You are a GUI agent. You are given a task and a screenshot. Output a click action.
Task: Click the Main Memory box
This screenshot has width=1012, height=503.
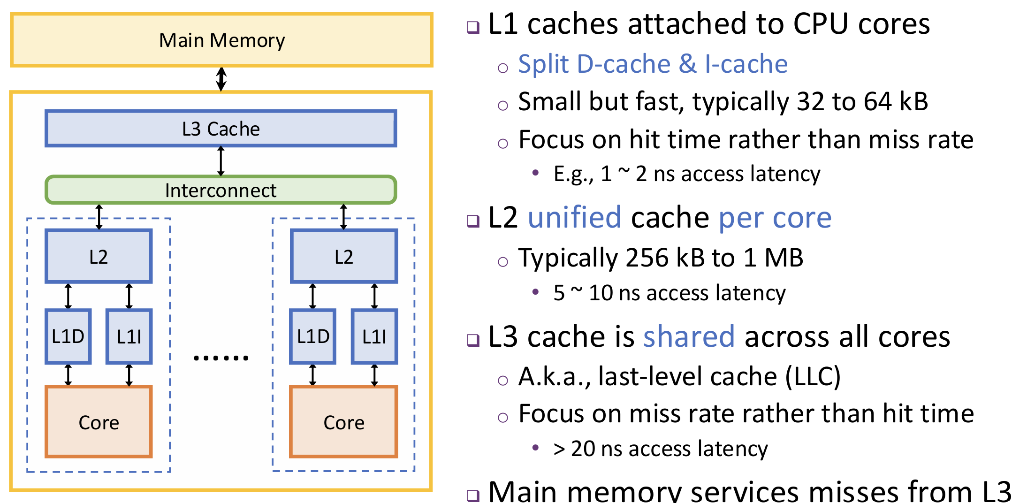[221, 40]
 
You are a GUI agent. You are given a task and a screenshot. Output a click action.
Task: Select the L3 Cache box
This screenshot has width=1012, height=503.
[221, 129]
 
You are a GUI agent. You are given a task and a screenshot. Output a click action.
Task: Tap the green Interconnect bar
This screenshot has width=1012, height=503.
[221, 190]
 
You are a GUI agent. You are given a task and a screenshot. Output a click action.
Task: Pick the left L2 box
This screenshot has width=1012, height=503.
[99, 257]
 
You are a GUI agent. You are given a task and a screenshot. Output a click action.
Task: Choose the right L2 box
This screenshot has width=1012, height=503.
[344, 257]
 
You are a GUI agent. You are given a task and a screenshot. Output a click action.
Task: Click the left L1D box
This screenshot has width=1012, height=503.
[68, 336]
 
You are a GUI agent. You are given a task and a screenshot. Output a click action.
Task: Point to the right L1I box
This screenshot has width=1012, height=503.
[374, 336]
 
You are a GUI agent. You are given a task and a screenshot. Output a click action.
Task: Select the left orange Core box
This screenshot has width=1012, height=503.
[99, 422]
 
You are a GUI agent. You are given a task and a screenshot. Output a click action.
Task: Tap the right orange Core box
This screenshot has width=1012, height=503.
[344, 422]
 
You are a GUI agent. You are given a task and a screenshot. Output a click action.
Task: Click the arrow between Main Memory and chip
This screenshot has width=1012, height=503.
[221, 79]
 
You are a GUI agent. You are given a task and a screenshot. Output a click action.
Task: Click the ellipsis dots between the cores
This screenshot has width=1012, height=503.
[221, 358]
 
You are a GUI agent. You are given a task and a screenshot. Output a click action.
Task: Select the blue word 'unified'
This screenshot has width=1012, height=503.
[574, 218]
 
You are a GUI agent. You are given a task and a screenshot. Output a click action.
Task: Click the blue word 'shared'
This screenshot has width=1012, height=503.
[688, 337]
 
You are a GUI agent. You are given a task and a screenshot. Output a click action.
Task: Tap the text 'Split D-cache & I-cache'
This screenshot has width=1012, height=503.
[653, 64]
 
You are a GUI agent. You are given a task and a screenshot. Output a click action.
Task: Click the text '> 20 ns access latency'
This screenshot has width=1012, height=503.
[661, 449]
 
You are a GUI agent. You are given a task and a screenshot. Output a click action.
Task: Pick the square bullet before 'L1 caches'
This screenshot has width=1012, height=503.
[473, 27]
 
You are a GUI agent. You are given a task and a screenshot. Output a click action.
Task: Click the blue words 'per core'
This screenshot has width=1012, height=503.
[775, 218]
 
